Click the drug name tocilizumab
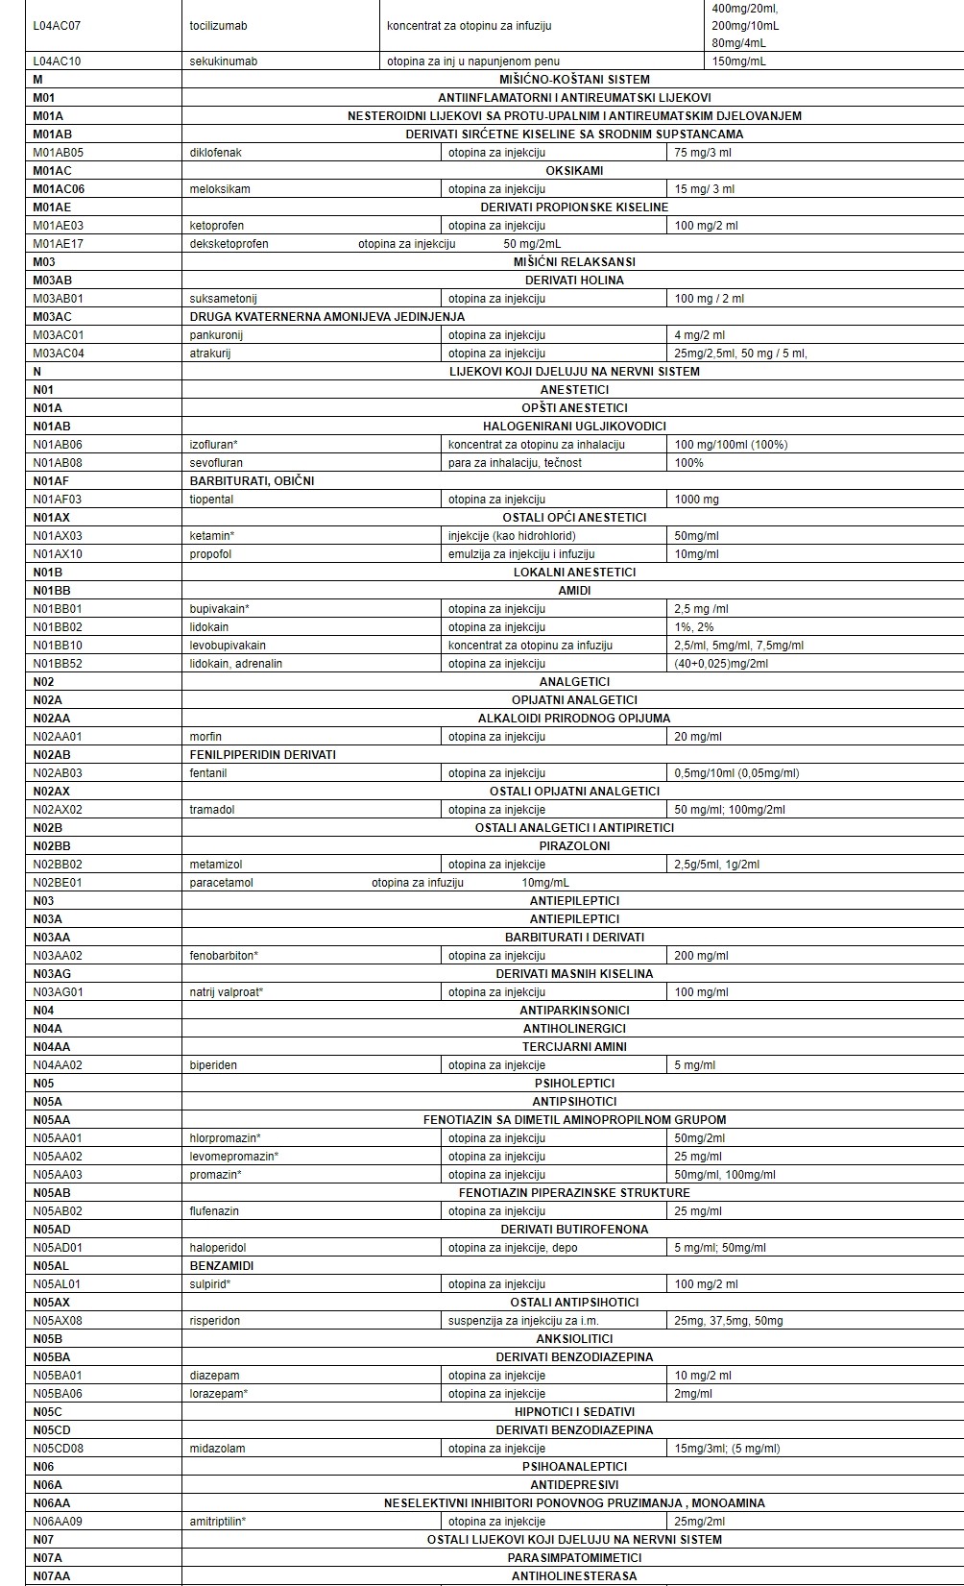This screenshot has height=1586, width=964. (x=217, y=25)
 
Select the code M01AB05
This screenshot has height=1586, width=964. (x=59, y=153)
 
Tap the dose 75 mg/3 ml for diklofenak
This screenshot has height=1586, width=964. (x=703, y=153)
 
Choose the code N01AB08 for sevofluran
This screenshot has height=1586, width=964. (x=58, y=463)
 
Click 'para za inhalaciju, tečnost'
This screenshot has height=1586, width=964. (x=515, y=463)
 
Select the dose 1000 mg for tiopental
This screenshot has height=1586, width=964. (x=696, y=500)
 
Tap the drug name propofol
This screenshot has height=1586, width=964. (x=210, y=554)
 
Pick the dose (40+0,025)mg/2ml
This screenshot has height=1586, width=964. (x=721, y=664)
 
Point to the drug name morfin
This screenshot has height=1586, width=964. (x=205, y=737)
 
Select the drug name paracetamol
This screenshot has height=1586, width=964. (x=221, y=883)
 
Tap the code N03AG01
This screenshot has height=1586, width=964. (x=59, y=992)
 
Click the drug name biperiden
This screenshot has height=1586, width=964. (x=213, y=1065)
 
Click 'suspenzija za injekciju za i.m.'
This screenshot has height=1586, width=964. (x=523, y=1321)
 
